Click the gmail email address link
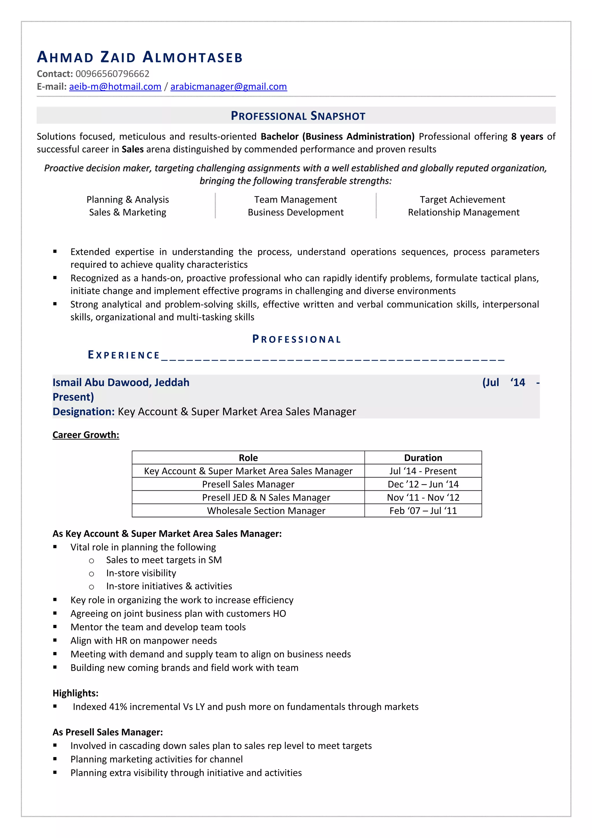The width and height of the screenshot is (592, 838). click(228, 86)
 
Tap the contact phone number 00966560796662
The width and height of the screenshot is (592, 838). click(112, 74)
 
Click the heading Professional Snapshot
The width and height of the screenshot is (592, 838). click(298, 116)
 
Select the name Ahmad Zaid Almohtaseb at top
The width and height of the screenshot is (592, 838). click(140, 57)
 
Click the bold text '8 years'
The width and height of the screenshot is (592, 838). click(527, 136)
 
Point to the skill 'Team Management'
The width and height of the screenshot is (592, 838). click(295, 200)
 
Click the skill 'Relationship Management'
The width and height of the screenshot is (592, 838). click(463, 213)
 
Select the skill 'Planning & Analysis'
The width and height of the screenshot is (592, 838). click(128, 200)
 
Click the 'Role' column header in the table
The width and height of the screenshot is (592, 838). click(248, 458)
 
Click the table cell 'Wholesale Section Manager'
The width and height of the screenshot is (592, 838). click(266, 511)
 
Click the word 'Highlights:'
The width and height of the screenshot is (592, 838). click(75, 693)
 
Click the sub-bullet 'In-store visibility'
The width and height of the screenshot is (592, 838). click(141, 573)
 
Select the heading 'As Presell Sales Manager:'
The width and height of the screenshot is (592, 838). click(108, 732)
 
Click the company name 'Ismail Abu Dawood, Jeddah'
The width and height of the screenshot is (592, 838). click(121, 382)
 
